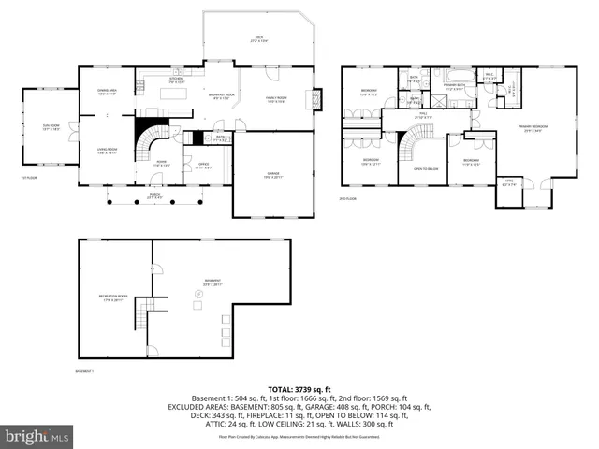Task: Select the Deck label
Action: (x=259, y=40)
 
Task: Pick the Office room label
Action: (x=201, y=166)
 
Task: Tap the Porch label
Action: (x=154, y=196)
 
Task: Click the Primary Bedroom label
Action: (x=534, y=128)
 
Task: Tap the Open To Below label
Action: (x=413, y=168)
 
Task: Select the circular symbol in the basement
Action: (x=197, y=302)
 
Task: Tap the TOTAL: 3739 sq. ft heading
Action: (x=299, y=388)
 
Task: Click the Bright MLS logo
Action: (x=37, y=436)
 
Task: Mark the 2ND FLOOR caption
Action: (x=348, y=198)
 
